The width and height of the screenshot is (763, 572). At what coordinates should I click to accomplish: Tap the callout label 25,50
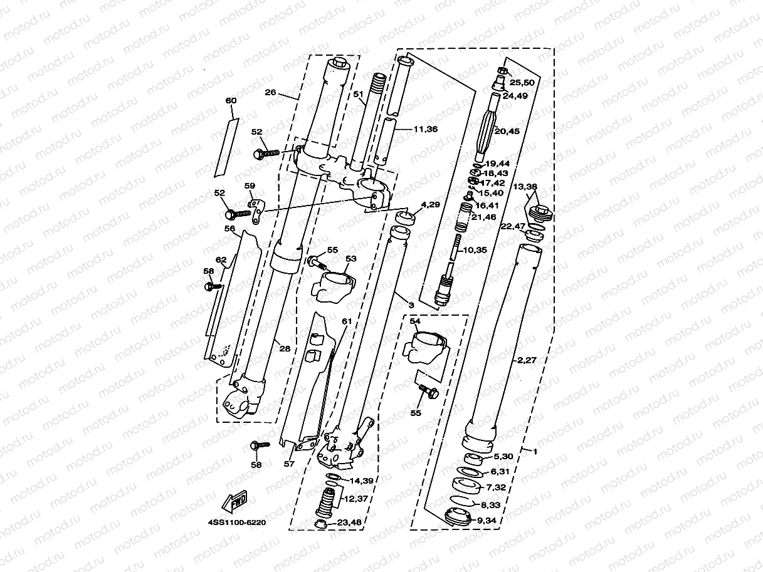tap(522, 83)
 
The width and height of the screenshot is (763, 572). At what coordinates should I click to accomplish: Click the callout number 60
tap(231, 100)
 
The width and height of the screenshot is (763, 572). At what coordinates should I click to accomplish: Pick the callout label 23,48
tap(350, 522)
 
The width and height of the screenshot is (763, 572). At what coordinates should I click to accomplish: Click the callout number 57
tap(288, 464)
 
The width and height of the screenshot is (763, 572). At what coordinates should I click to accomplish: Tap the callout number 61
tap(347, 321)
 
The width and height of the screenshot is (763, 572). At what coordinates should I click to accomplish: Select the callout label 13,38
tap(525, 187)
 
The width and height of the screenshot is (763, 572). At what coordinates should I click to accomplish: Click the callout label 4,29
tap(431, 205)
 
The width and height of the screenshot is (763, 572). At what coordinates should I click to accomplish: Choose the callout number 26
tap(270, 92)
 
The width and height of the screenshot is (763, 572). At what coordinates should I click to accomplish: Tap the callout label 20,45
tap(508, 131)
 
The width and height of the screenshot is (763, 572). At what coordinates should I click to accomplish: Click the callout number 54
tap(415, 321)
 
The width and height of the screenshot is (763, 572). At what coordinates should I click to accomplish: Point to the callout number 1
tap(534, 450)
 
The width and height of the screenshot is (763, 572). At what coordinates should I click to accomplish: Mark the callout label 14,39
tap(361, 481)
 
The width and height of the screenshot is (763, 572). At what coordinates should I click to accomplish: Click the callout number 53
tap(350, 258)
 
